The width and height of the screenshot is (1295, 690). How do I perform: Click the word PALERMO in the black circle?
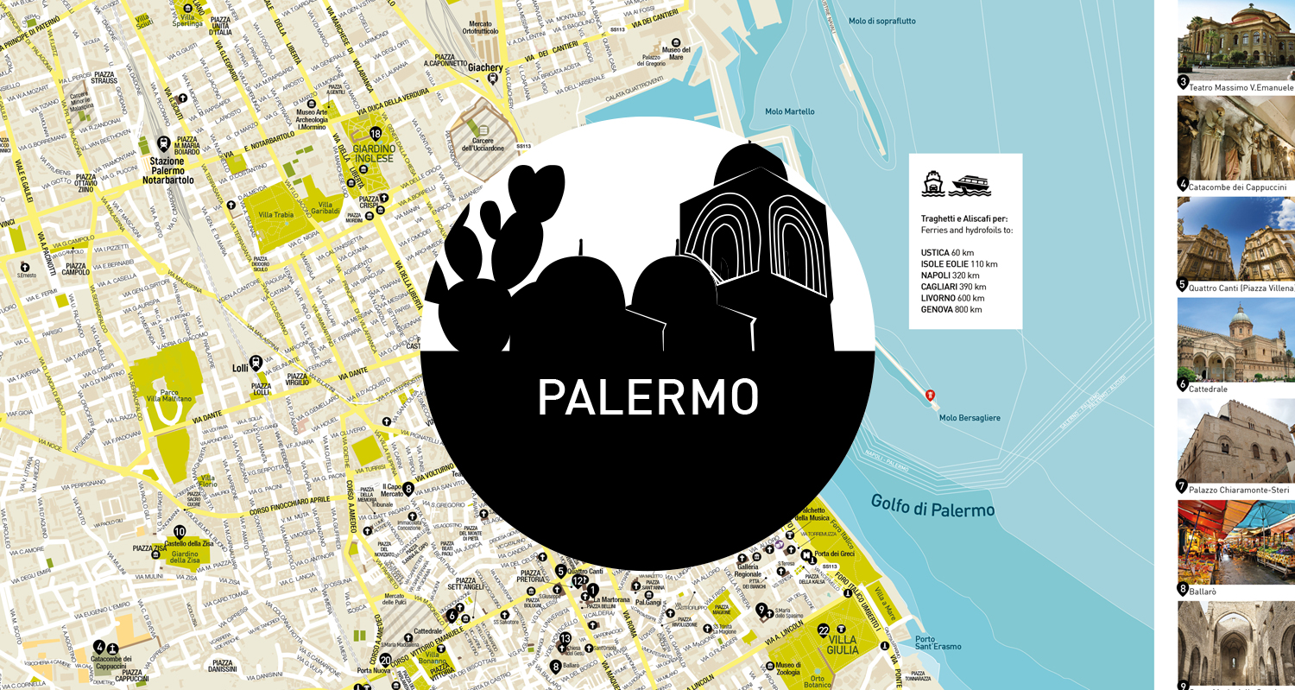pos(647,397)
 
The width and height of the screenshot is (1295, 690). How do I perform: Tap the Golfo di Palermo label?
pos(932,506)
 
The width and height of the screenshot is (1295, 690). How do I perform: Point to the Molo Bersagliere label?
pos(970,418)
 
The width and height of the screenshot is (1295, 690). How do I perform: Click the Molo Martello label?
pos(789,111)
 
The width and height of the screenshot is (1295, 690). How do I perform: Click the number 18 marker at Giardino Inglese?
pos(376,134)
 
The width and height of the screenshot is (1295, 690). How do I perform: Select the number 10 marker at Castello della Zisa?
pos(180,532)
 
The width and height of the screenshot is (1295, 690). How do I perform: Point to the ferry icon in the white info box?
pos(932,183)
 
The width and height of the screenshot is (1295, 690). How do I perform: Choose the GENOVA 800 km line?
pos(951,309)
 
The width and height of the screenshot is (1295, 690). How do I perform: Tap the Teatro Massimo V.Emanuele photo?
pos(1235,39)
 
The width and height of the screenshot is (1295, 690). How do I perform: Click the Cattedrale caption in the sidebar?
pos(1209,389)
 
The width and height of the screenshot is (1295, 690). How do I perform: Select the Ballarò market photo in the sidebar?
pos(1235,541)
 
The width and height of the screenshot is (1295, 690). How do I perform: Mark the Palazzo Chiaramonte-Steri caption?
pos(1240,490)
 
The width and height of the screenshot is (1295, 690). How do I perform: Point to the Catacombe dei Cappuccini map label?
pos(111,663)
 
